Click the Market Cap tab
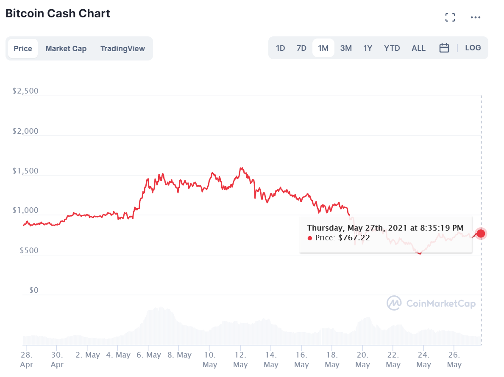pyautogui.click(x=66, y=49)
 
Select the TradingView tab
pyautogui.click(x=123, y=49)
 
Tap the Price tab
pyautogui.click(x=23, y=49)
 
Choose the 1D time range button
pyautogui.click(x=281, y=48)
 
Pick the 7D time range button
pyautogui.click(x=301, y=48)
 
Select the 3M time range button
pyautogui.click(x=346, y=48)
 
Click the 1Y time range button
pyautogui.click(x=368, y=48)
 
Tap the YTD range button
pyautogui.click(x=392, y=48)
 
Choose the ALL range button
pyautogui.click(x=418, y=48)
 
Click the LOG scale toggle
pyautogui.click(x=473, y=48)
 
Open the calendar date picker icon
pyautogui.click(x=444, y=48)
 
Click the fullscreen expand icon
pyautogui.click(x=450, y=17)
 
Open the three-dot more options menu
pyautogui.click(x=476, y=17)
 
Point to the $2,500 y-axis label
pyautogui.click(x=25, y=91)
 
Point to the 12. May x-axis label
pyautogui.click(x=240, y=359)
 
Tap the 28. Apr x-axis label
pyautogui.click(x=26, y=359)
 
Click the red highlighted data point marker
pyautogui.click(x=481, y=233)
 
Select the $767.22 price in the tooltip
pyautogui.click(x=354, y=238)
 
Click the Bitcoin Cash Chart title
pyautogui.click(x=58, y=14)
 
